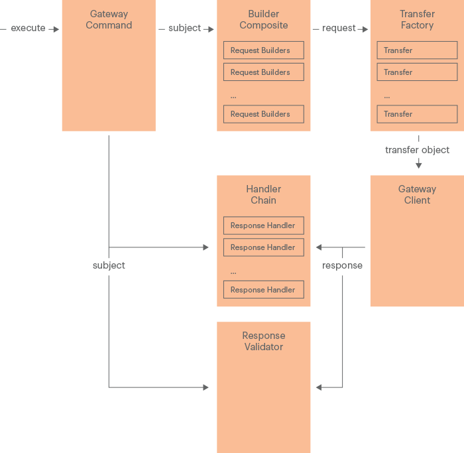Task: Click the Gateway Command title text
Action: click(x=109, y=20)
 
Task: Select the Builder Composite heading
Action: click(x=264, y=20)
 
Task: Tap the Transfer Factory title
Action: click(x=417, y=20)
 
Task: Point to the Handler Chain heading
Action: click(x=264, y=194)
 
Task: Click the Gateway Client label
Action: click(x=417, y=194)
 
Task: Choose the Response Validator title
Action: click(x=264, y=341)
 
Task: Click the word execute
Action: click(x=28, y=29)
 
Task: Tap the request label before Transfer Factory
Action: click(x=339, y=29)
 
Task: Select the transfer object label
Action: click(x=417, y=150)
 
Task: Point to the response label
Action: click(x=342, y=265)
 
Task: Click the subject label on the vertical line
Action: click(x=109, y=265)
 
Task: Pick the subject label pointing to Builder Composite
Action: click(x=184, y=29)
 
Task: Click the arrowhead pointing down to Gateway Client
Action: click(x=418, y=164)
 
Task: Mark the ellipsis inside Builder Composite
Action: click(x=233, y=96)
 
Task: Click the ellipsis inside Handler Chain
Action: click(x=233, y=271)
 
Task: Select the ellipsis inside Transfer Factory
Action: click(x=386, y=96)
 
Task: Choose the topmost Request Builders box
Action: click(x=264, y=50)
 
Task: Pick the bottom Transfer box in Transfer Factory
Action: click(x=417, y=114)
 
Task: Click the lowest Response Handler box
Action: click(x=264, y=290)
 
